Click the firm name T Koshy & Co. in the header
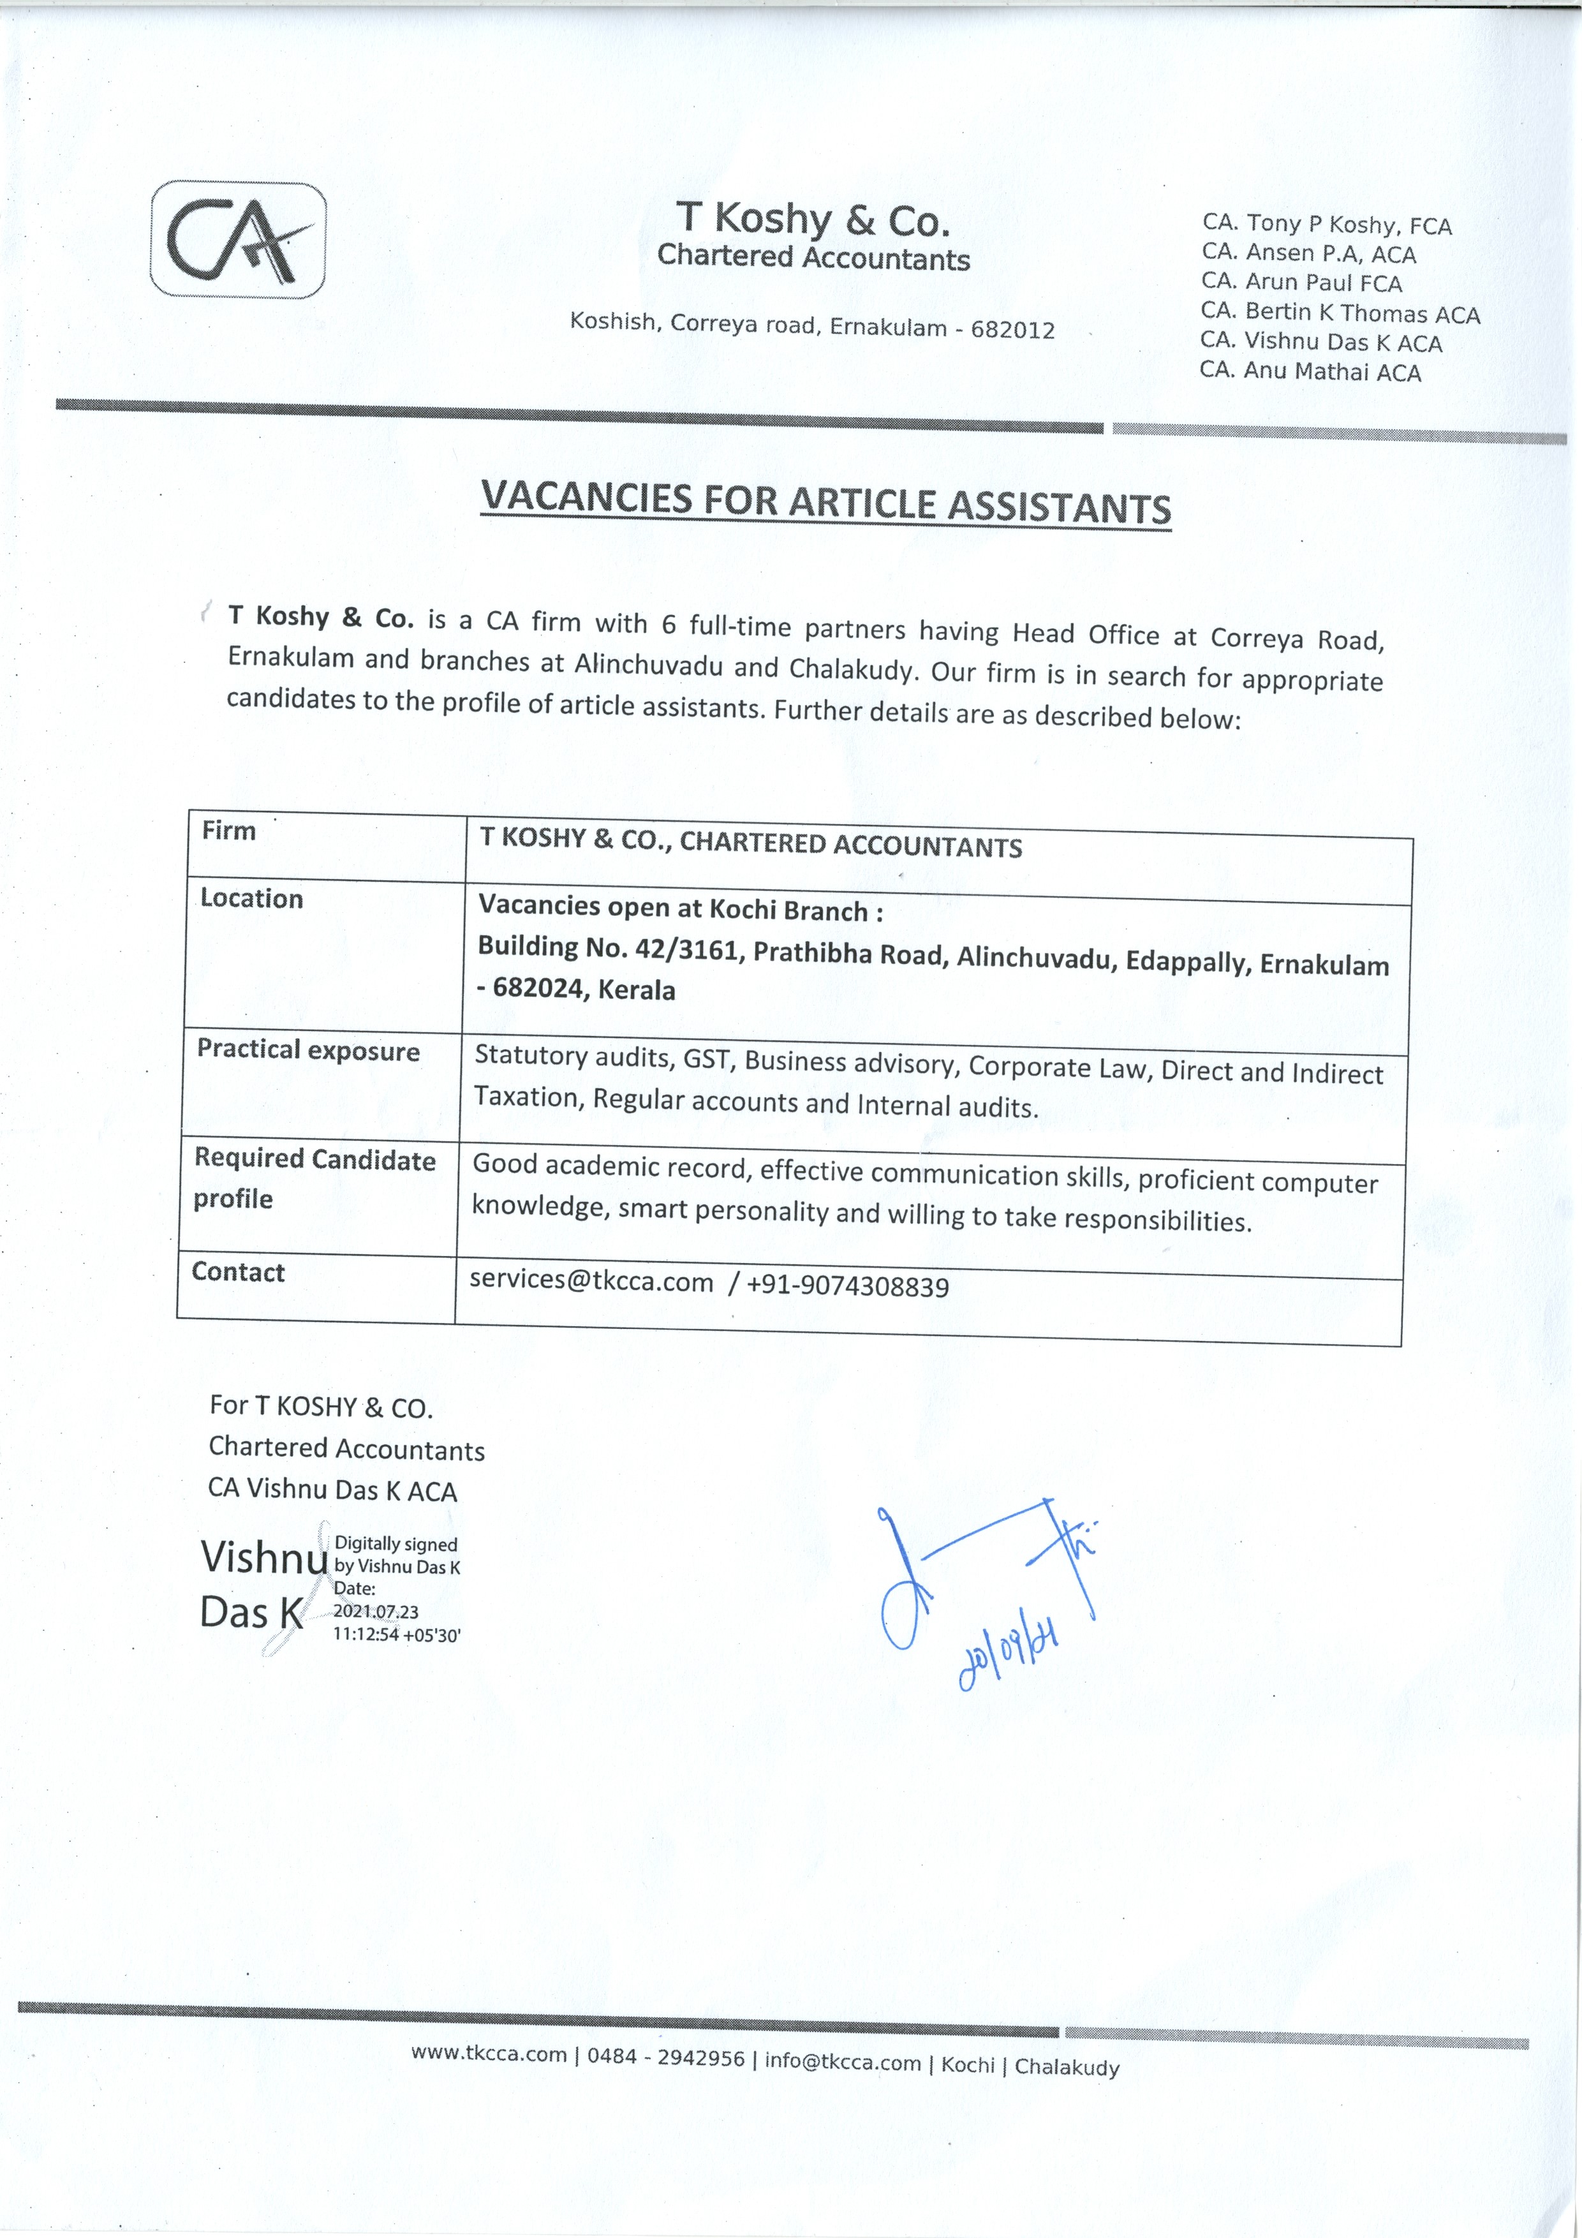pyautogui.click(x=813, y=219)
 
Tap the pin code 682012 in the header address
pyautogui.click(x=1013, y=329)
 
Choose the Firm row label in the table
pyautogui.click(x=229, y=831)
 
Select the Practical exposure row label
pyautogui.click(x=308, y=1050)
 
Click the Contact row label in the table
pyautogui.click(x=238, y=1272)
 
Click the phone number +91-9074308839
pyautogui.click(x=847, y=1287)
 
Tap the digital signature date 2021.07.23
pyautogui.click(x=375, y=1612)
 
